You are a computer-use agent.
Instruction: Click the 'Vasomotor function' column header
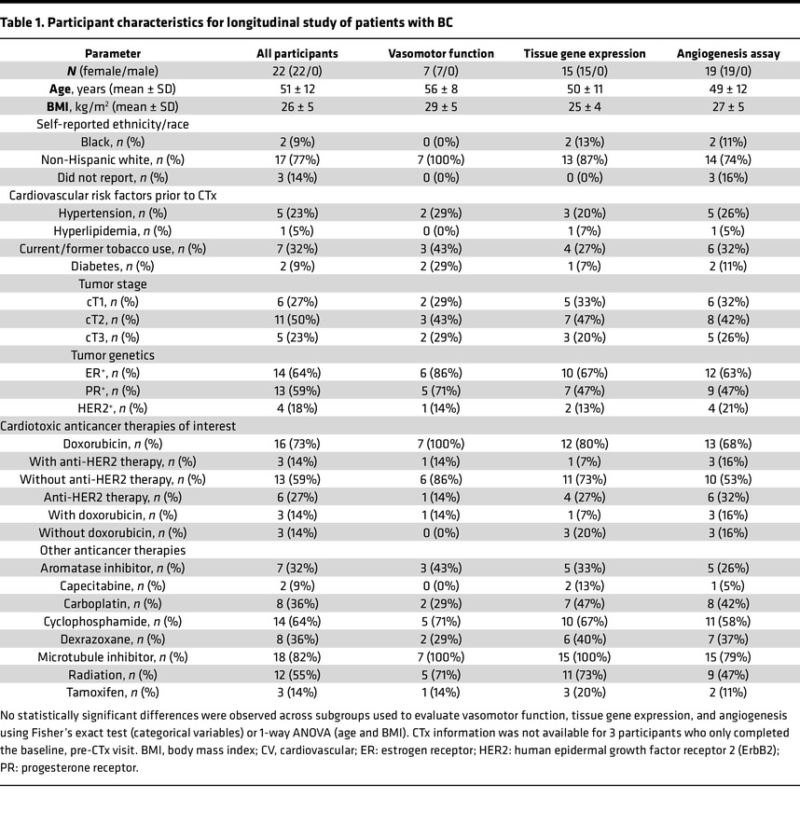441,53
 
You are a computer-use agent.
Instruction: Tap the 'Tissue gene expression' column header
585,53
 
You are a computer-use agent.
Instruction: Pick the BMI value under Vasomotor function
441,106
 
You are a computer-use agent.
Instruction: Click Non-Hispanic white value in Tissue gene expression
585,159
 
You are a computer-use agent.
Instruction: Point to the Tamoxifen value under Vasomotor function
441,692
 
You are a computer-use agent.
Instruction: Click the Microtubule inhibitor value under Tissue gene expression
585,656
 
